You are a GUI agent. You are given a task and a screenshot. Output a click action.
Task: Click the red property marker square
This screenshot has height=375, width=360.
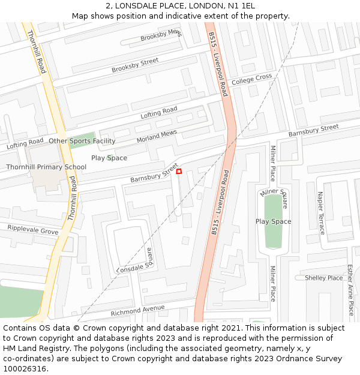[x=179, y=172]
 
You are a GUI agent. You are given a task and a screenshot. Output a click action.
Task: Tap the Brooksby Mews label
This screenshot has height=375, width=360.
[x=161, y=35]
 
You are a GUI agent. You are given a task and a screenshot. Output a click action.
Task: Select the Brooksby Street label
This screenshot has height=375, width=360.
[x=135, y=65]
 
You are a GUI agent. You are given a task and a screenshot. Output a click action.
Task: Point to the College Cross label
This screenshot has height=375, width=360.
[x=251, y=79]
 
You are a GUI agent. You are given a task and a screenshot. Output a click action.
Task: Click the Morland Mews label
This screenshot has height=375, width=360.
[x=157, y=136]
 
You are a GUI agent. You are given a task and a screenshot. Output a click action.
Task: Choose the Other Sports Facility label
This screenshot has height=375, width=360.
[x=82, y=141]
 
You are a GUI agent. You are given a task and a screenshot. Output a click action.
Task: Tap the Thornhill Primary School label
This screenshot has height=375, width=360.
[x=46, y=167]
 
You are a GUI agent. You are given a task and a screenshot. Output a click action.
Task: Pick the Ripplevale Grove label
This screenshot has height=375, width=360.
[x=33, y=230]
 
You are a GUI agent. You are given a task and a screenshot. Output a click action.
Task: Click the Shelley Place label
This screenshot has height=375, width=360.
[x=323, y=278]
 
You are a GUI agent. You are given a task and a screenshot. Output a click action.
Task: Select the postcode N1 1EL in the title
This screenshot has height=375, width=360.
[x=241, y=5]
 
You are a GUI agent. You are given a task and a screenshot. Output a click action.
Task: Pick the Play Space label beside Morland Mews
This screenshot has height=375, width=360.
[x=109, y=158]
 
